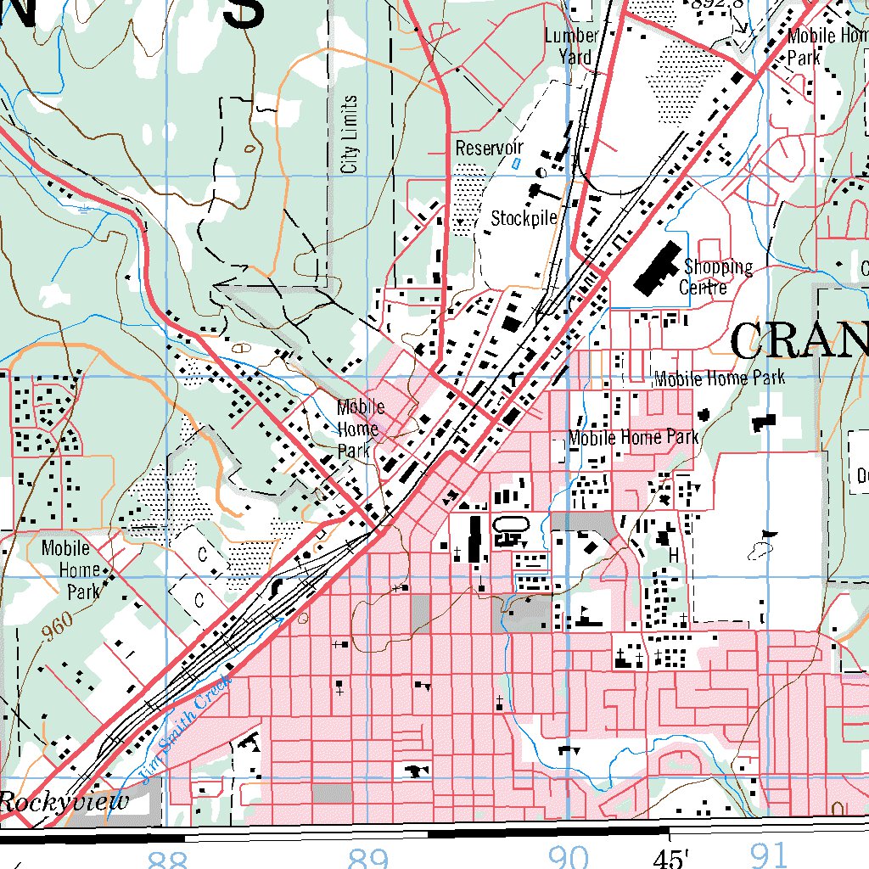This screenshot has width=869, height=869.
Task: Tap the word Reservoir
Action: pos(489,148)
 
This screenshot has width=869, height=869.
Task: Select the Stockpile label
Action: pos(524,218)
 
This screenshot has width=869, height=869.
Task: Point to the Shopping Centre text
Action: pos(716,277)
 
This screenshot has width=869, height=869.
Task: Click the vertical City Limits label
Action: pos(350,134)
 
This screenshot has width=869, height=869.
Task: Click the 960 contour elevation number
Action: pos(56,625)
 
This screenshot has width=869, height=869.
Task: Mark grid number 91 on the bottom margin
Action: pos(768,857)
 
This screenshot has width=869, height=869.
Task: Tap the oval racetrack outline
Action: pos(511,526)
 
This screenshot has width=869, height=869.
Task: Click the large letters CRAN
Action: pos(798,342)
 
